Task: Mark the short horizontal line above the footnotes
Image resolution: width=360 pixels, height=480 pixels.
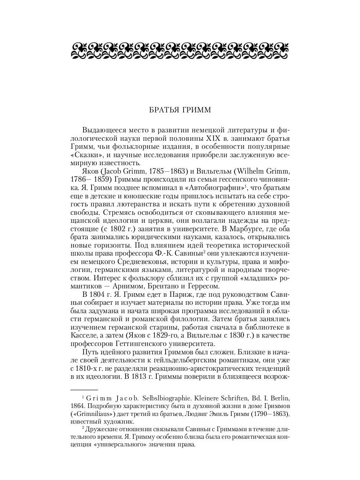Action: (x=84, y=389)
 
